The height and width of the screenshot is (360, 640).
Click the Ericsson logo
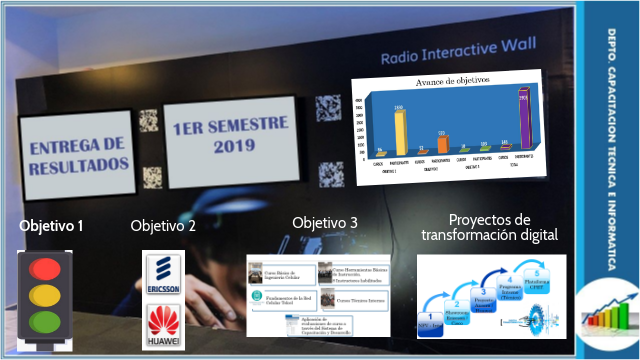click(x=163, y=276)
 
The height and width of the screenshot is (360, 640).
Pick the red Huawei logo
click(x=163, y=324)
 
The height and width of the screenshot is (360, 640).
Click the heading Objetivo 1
click(x=50, y=225)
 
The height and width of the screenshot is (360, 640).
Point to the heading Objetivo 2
click(x=163, y=225)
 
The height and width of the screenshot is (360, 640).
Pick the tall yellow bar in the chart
click(x=400, y=130)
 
